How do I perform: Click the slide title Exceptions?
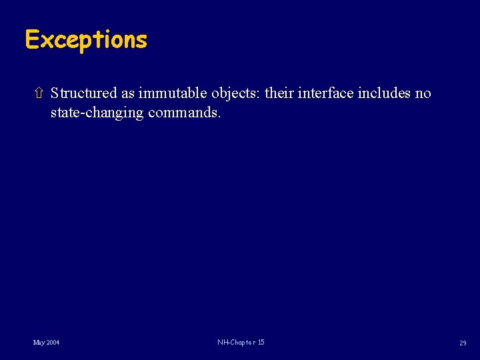85,40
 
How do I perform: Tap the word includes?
385,93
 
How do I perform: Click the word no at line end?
423,94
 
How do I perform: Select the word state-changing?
97,113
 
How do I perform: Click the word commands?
183,113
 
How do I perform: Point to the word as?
127,94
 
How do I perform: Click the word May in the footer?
39,343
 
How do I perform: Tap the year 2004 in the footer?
52,343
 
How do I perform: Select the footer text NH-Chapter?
235,343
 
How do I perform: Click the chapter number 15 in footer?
260,343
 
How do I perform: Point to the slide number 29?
462,343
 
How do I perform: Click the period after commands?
219,116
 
